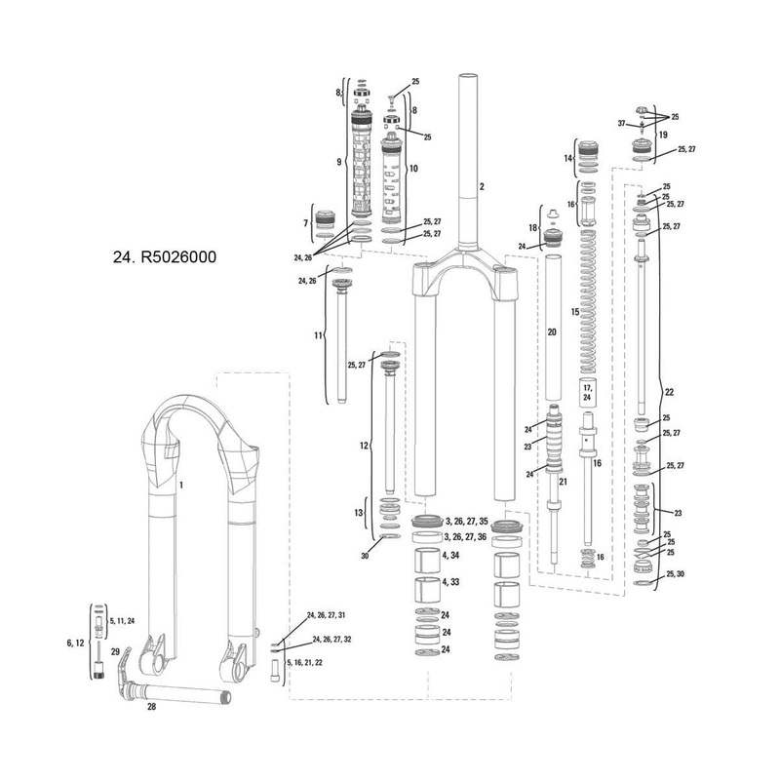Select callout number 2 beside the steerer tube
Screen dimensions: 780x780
point(480,184)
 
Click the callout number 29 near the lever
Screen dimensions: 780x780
point(115,651)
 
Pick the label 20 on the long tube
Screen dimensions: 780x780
point(551,332)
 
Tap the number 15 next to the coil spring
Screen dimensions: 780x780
point(574,311)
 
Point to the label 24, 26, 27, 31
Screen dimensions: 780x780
point(326,615)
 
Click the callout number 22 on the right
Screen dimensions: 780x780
point(668,392)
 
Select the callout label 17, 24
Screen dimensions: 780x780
point(587,394)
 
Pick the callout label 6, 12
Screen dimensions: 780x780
point(75,643)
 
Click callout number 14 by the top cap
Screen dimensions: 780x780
point(567,157)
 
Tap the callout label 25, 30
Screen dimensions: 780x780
point(676,575)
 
